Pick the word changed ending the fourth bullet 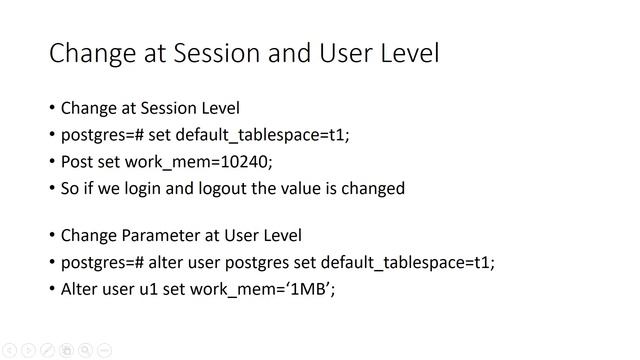pyautogui.click(x=373, y=188)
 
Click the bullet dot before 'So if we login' pyautogui.click(x=52, y=188)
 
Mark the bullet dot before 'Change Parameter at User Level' pyautogui.click(x=52, y=236)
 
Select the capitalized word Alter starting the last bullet pyautogui.click(x=80, y=290)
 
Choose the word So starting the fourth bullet pyautogui.click(x=71, y=188)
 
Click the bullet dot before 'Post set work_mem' pyautogui.click(x=52, y=161)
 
